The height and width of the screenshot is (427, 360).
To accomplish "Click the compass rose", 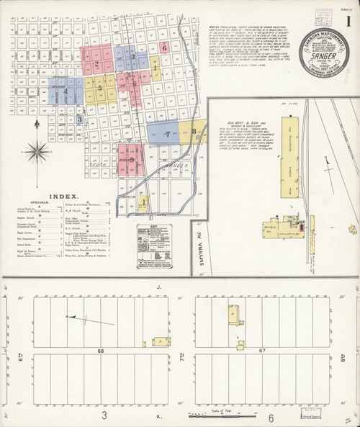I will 37,151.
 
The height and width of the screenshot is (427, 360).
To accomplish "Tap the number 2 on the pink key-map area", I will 96,63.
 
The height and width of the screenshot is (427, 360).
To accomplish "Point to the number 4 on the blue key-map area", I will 66,91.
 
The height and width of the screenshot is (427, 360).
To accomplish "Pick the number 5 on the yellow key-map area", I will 99,88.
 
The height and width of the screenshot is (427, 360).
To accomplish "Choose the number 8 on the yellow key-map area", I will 193,132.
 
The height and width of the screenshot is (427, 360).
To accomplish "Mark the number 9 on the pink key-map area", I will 132,160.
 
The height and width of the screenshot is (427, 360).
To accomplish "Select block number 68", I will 102,351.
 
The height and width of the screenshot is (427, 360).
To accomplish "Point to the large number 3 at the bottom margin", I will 104,416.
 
